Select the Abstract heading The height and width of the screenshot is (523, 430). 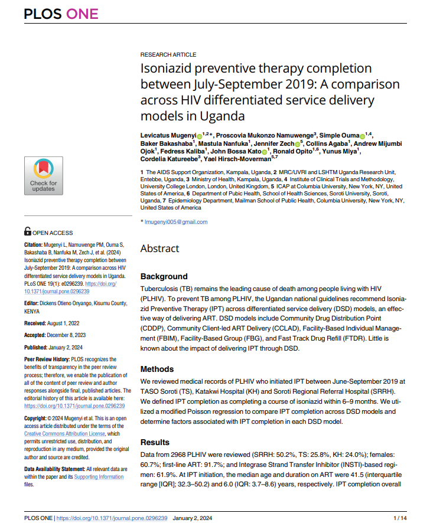click(159, 249)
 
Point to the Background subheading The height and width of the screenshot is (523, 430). click(164, 276)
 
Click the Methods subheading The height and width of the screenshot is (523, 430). click(157, 370)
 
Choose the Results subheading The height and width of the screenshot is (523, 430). click(155, 442)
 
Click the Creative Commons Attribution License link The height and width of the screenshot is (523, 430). click(65, 433)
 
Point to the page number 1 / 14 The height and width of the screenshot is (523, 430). click(399, 518)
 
